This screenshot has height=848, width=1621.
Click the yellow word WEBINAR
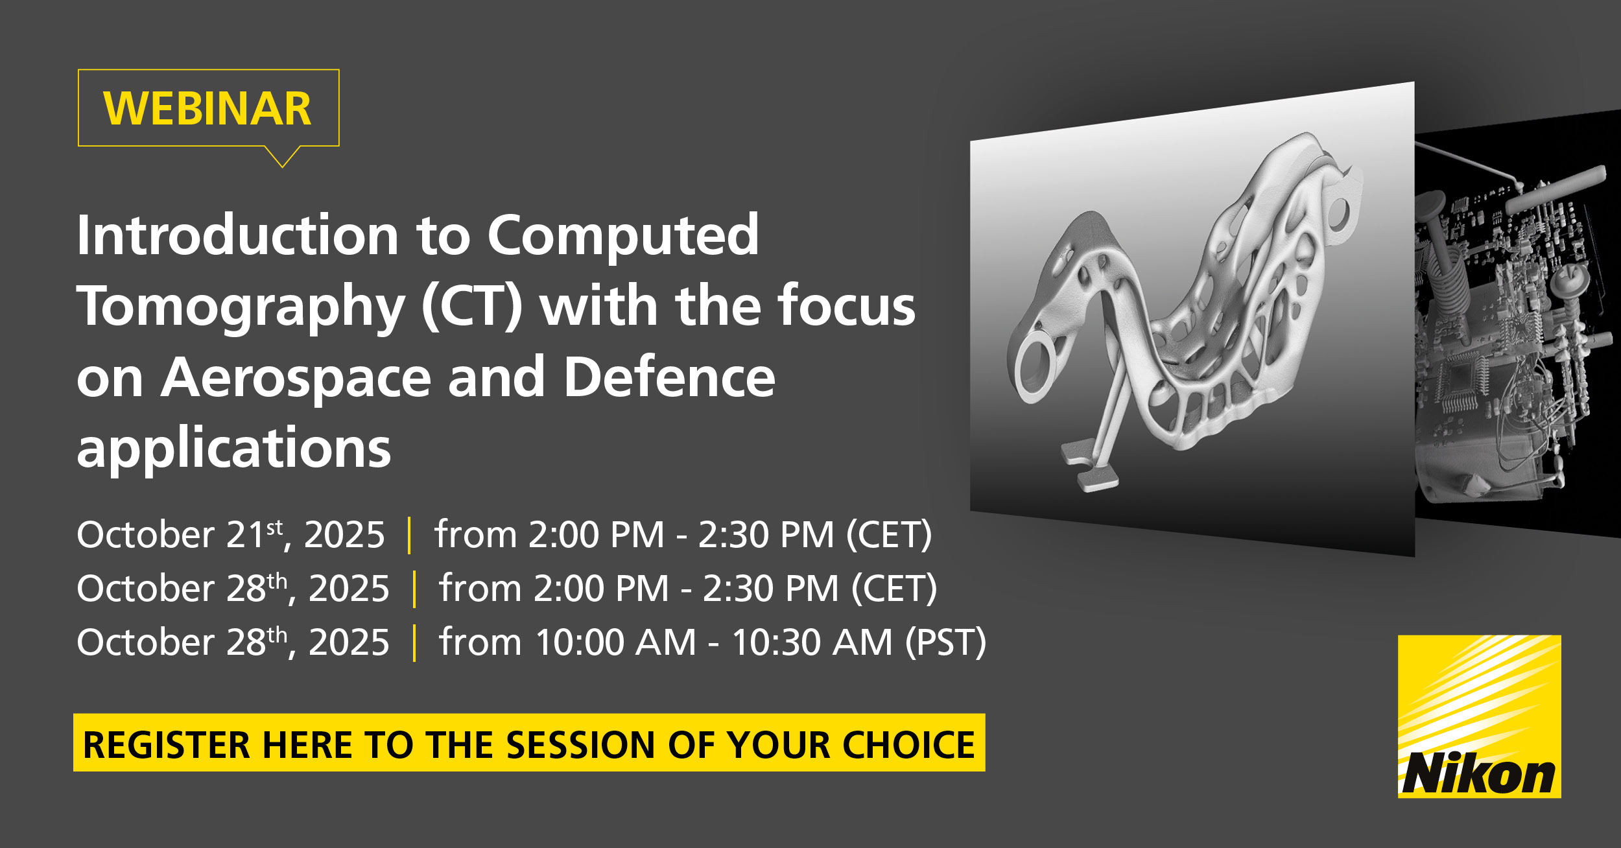pyautogui.click(x=207, y=108)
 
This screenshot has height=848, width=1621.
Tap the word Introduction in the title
pyautogui.click(x=237, y=235)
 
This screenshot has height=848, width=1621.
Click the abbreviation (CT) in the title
pyautogui.click(x=472, y=306)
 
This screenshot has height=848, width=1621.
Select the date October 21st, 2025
pyautogui.click(x=231, y=535)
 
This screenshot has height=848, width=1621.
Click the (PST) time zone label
pyautogui.click(x=945, y=642)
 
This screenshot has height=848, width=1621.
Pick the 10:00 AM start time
pyautogui.click(x=616, y=642)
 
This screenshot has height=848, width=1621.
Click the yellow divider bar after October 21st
pyautogui.click(x=409, y=536)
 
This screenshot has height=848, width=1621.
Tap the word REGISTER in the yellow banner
pyautogui.click(x=167, y=745)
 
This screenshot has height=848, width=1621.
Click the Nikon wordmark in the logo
pyautogui.click(x=1479, y=773)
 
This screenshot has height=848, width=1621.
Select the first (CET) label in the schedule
pyautogui.click(x=889, y=536)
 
